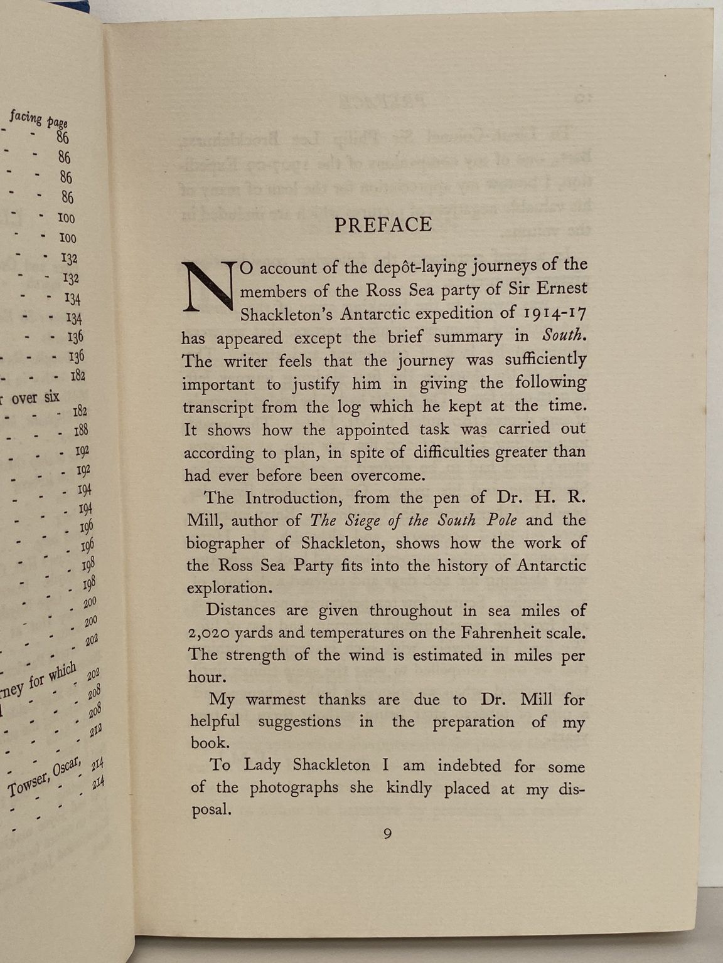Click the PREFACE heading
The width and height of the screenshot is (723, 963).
pyautogui.click(x=383, y=224)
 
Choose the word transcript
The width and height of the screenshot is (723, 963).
pyautogui.click(x=218, y=408)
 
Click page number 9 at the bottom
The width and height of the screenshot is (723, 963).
pyautogui.click(x=388, y=834)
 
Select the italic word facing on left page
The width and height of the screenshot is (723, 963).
pyautogui.click(x=25, y=117)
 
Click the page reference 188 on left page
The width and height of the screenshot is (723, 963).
pyautogui.click(x=82, y=431)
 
